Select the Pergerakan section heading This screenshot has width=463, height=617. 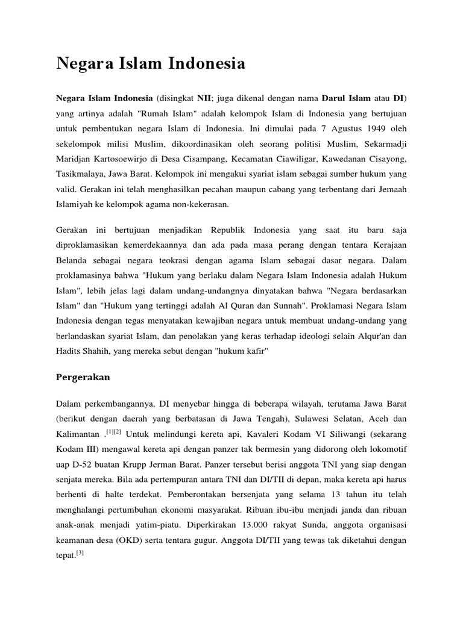click(x=84, y=378)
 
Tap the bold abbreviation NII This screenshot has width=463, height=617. click(x=206, y=98)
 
